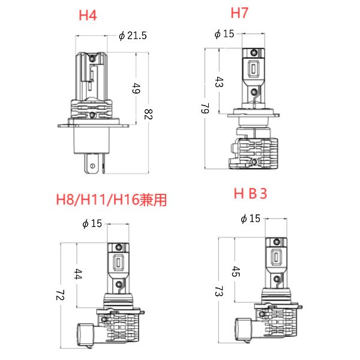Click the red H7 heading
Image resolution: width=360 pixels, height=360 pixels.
pyautogui.click(x=240, y=13)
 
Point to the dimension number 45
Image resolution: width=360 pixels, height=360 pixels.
pyautogui.click(x=235, y=272)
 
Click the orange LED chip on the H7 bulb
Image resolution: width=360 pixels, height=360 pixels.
pyautogui.click(x=253, y=70)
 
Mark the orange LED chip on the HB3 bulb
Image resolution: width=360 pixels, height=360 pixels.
pyautogui.click(x=277, y=256)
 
